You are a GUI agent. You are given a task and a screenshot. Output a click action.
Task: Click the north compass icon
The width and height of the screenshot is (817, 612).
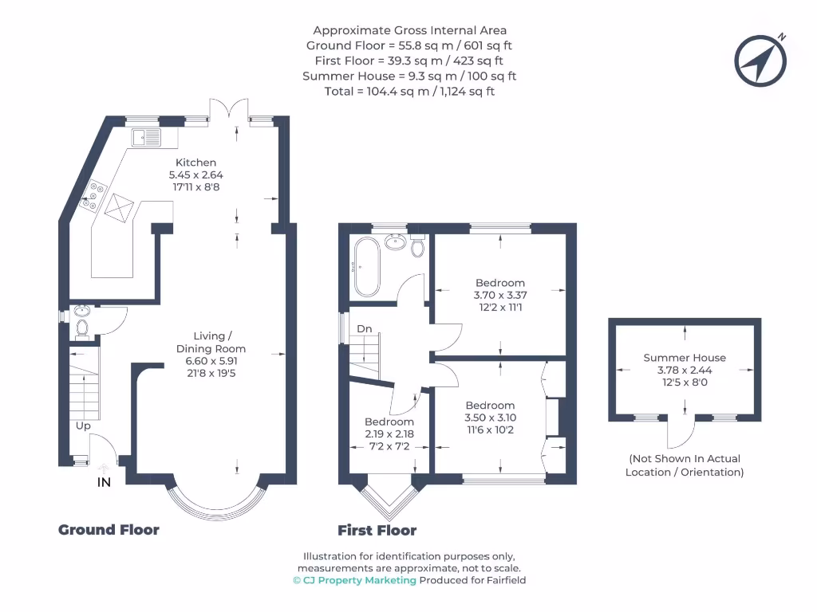[x=761, y=61]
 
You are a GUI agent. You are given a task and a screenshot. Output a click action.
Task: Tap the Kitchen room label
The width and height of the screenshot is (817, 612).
[x=195, y=163]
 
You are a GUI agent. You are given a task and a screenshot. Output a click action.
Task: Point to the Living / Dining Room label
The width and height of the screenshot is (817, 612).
[x=211, y=342]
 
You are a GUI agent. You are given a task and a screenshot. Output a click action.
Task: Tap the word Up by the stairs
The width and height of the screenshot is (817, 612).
[x=83, y=426]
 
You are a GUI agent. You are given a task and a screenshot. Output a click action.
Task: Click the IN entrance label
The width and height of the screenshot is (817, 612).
[x=104, y=482]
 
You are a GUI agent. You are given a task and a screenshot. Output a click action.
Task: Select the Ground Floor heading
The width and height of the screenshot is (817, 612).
[x=109, y=530]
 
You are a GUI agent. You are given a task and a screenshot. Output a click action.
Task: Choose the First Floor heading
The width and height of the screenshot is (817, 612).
[x=377, y=530]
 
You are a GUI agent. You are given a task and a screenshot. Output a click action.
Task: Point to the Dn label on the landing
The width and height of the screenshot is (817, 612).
[x=364, y=328]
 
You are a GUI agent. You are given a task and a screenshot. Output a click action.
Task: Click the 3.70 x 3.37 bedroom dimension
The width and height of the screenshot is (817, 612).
[x=500, y=295]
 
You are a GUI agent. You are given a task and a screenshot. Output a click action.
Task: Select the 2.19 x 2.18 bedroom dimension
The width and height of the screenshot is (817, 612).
[x=389, y=434]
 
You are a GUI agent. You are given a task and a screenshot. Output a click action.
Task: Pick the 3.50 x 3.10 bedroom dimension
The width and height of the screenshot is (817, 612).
[x=490, y=418]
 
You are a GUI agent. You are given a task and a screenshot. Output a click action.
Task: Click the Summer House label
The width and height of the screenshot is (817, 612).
[x=685, y=358]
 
